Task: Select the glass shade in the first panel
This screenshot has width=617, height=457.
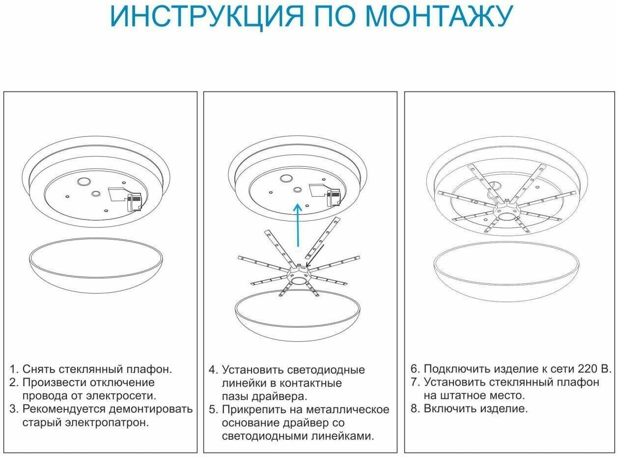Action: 96,268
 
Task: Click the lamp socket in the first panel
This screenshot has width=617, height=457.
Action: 134,202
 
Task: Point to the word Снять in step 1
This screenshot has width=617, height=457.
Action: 39,369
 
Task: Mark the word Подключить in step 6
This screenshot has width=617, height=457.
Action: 454,369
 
